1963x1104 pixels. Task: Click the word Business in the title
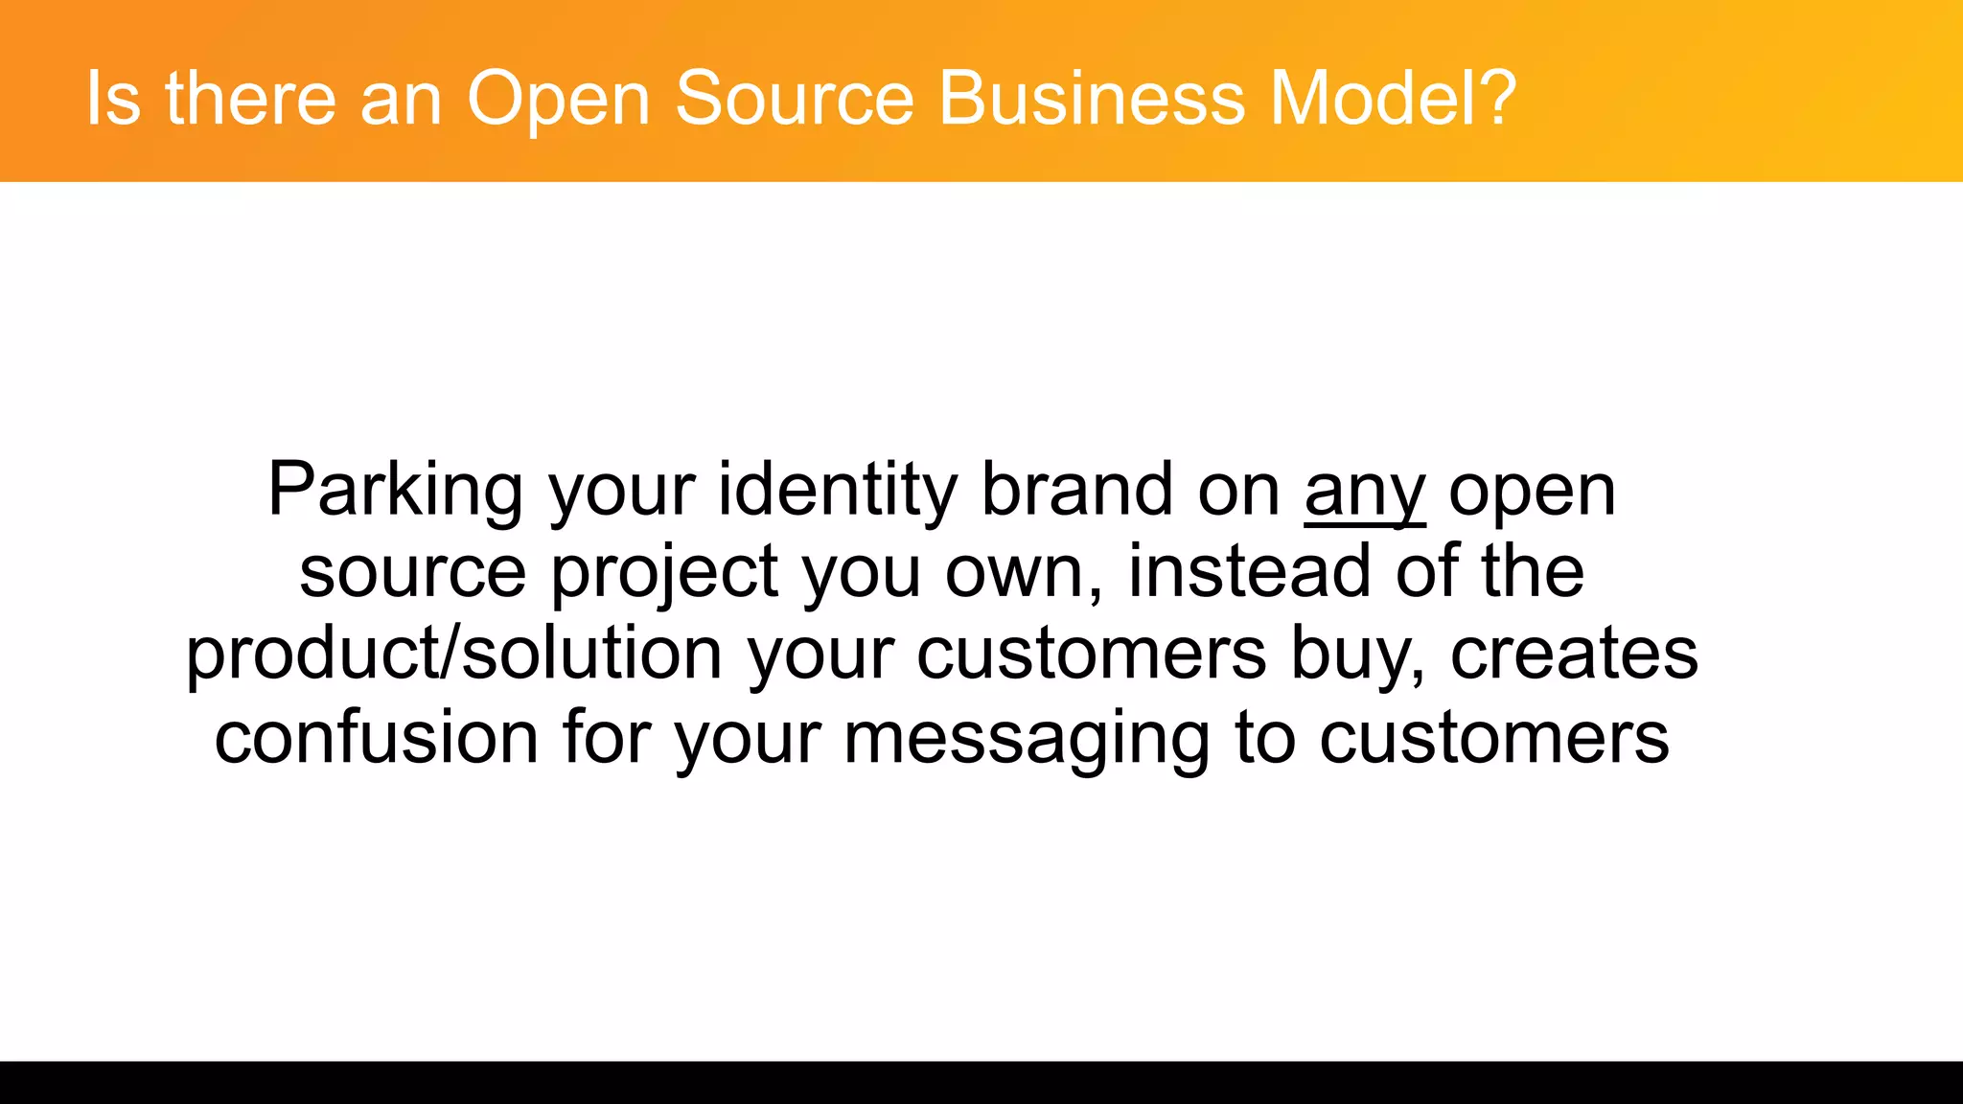tap(1092, 99)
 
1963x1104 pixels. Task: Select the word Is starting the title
tap(113, 99)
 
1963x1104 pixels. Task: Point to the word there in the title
tap(251, 99)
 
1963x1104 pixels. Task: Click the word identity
tap(837, 491)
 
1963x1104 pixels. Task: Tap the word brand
tap(1077, 491)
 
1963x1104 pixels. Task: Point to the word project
tap(664, 573)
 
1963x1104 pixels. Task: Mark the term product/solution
tap(453, 655)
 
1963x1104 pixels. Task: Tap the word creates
tap(1574, 655)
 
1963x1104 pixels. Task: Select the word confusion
tap(376, 738)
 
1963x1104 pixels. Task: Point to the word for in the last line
tap(607, 738)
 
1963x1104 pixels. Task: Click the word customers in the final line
tap(1494, 738)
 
